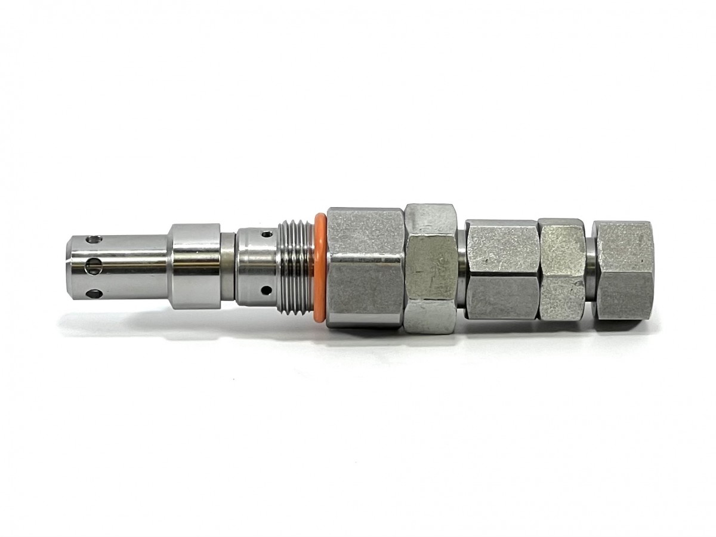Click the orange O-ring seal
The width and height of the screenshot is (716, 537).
(x=320, y=268)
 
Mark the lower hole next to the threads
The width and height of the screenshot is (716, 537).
(x=266, y=291)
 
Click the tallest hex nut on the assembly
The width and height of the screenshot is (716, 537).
(x=431, y=268)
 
